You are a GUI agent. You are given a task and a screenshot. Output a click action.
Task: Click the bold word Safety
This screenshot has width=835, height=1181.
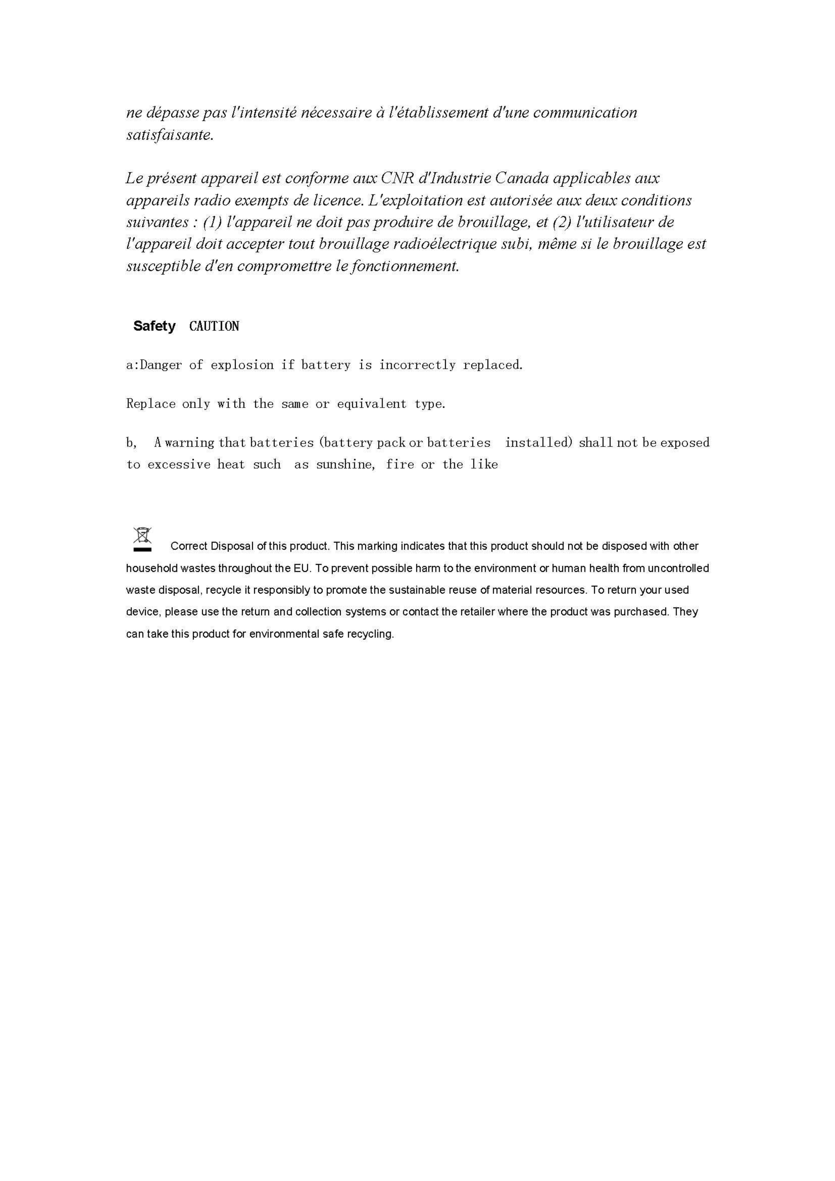tap(154, 326)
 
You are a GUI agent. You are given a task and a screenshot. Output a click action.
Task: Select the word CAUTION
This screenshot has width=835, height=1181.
tap(214, 326)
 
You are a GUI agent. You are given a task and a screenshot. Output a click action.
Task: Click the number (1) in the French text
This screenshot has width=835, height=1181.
tap(212, 222)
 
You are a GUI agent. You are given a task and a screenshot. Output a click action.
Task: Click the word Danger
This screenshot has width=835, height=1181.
tap(161, 365)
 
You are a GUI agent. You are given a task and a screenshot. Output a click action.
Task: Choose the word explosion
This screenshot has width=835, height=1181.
tap(242, 365)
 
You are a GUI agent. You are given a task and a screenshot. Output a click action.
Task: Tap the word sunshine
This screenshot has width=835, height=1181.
tap(345, 464)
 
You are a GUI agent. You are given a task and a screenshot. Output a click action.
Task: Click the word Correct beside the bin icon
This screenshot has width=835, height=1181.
tap(189, 546)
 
